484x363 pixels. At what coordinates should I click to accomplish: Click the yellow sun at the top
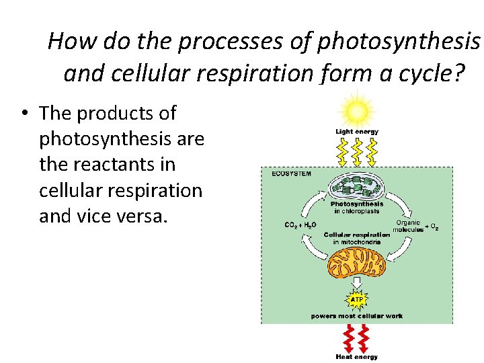(x=357, y=110)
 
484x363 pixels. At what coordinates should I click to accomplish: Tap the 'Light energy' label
(x=357, y=132)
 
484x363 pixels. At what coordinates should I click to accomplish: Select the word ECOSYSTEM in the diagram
(x=291, y=173)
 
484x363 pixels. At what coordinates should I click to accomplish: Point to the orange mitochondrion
(x=356, y=261)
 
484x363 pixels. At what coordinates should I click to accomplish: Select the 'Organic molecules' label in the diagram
(x=408, y=226)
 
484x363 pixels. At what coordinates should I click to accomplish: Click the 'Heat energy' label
(x=357, y=357)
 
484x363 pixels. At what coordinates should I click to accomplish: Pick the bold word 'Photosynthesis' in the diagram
(x=357, y=204)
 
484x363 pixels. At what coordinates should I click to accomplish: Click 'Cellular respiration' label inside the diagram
(x=357, y=235)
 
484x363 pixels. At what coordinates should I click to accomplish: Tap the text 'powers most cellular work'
(x=357, y=315)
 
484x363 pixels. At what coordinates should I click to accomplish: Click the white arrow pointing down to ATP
(x=357, y=282)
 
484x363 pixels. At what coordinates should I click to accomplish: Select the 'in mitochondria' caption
(x=357, y=242)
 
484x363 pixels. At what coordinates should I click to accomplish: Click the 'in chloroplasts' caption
(x=357, y=211)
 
